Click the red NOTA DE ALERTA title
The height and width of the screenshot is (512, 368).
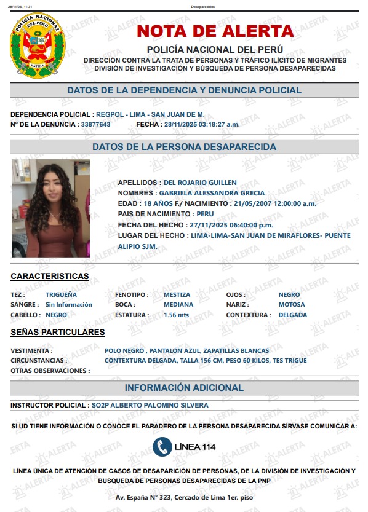coord(215,31)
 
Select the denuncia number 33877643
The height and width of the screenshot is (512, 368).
coord(95,124)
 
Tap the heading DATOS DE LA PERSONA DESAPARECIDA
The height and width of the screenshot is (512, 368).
coord(184,147)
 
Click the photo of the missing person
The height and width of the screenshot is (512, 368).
coord(50,208)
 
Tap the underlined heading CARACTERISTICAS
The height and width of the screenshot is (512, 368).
coord(50,276)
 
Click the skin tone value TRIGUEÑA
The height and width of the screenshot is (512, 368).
coord(61,294)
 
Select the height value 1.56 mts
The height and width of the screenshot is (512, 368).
coord(176,315)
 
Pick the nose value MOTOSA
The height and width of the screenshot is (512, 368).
coord(291,304)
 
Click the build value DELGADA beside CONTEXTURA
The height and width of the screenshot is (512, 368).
coord(292,315)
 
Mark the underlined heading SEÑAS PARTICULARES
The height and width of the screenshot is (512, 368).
coord(58,332)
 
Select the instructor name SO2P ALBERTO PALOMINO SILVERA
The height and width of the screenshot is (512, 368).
coord(150,405)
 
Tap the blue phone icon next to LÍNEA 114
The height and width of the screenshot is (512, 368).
coord(162,446)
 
